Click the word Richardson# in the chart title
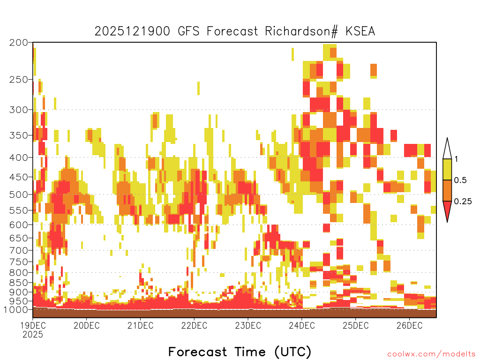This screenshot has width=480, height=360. pyautogui.click(x=301, y=31)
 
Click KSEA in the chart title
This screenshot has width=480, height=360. pyautogui.click(x=360, y=31)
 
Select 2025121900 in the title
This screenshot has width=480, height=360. pyautogui.click(x=132, y=31)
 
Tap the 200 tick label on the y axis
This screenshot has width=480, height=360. pyautogui.click(x=19, y=43)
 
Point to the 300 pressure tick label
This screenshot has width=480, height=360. pyautogui.click(x=19, y=110)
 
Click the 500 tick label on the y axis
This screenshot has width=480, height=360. pyautogui.click(x=19, y=195)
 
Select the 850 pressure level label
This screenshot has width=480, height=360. pyautogui.click(x=19, y=283)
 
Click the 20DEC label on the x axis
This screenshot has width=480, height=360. pyautogui.click(x=87, y=325)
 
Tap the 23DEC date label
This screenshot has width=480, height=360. pyautogui.click(x=248, y=325)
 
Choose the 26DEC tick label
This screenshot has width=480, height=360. pyautogui.click(x=410, y=325)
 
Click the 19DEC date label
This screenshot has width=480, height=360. pyautogui.click(x=33, y=325)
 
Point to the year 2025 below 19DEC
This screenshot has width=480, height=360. pyautogui.click(x=33, y=335)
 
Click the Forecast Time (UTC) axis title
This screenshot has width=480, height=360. pyautogui.click(x=240, y=352)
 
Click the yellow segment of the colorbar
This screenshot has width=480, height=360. pyautogui.click(x=447, y=169)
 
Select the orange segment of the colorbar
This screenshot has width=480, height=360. pyautogui.click(x=447, y=190)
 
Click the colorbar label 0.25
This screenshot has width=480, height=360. pyautogui.click(x=463, y=201)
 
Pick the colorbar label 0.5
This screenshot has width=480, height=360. pyautogui.click(x=460, y=180)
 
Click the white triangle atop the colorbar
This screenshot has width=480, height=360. pyautogui.click(x=447, y=150)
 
